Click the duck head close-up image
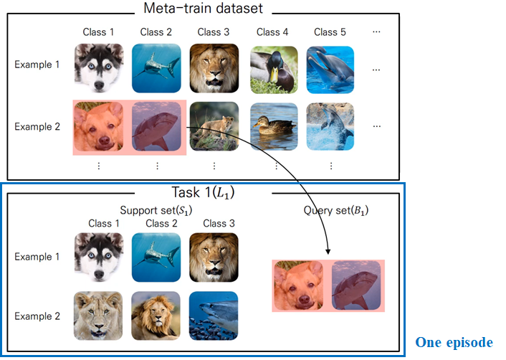[x=273, y=69]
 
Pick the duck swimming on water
[x=273, y=126]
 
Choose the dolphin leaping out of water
[x=330, y=126]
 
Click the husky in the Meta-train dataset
[x=97, y=69]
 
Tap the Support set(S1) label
[x=159, y=210]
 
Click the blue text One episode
[x=454, y=343]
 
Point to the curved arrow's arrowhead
[x=328, y=252]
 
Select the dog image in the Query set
[x=300, y=285]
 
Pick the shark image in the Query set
[x=357, y=285]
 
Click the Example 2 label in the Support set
[x=33, y=316]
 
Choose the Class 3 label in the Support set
[x=213, y=223]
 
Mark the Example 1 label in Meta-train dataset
[x=33, y=65]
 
